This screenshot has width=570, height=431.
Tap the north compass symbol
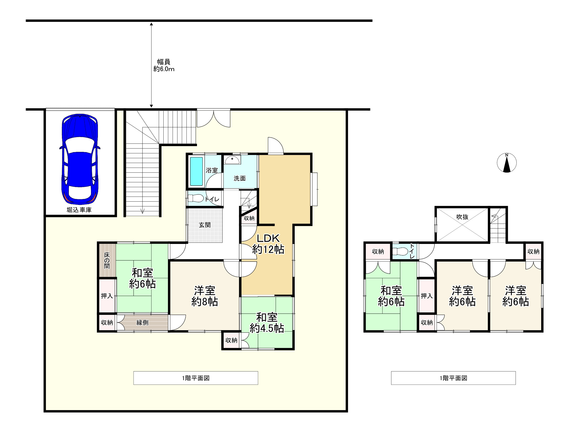507,163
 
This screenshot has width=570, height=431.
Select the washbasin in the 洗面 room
232,160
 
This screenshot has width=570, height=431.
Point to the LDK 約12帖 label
268,244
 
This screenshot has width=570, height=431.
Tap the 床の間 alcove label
107,260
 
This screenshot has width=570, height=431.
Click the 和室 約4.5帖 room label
267,323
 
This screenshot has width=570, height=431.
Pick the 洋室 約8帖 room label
205,296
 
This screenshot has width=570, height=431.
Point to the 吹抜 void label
462,217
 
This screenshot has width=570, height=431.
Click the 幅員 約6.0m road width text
164,65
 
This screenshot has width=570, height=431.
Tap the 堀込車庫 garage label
79,210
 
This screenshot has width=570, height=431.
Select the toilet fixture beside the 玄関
195,198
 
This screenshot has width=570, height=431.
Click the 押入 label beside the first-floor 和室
107,296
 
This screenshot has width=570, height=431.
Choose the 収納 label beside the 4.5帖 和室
231,340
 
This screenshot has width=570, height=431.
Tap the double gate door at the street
214,119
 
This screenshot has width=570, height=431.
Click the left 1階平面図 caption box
196,378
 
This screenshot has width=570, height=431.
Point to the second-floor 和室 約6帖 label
391,296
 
